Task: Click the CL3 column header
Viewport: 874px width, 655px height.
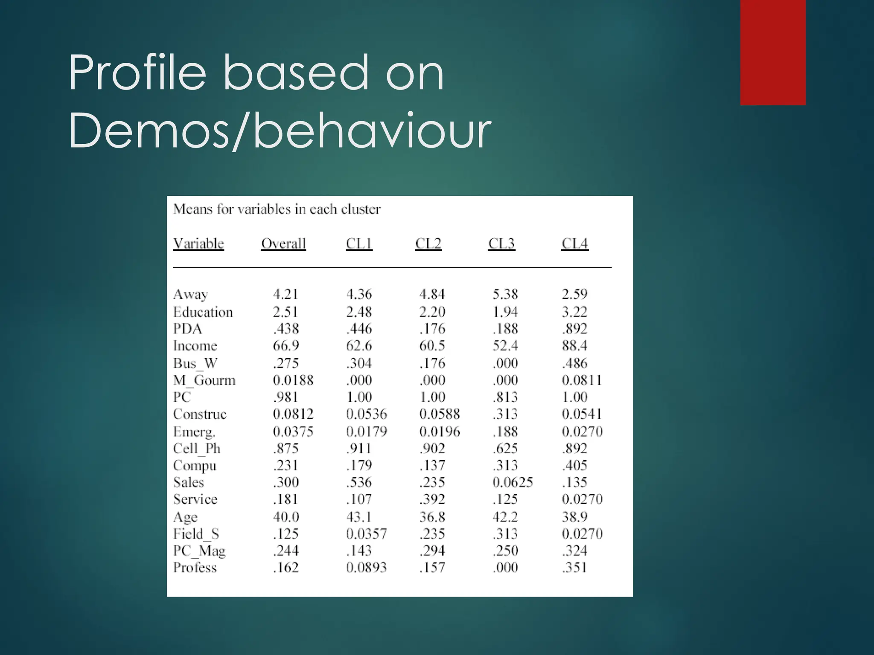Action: pyautogui.click(x=501, y=243)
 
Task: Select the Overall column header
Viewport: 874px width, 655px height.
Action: pyautogui.click(x=283, y=243)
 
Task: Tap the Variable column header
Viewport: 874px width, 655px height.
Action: pyautogui.click(x=198, y=243)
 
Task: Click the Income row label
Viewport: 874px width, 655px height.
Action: pyautogui.click(x=195, y=345)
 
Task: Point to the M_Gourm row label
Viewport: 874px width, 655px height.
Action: pyautogui.click(x=204, y=380)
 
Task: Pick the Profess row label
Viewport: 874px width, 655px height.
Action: pyautogui.click(x=195, y=568)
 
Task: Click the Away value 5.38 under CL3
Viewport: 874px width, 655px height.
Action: pyautogui.click(x=505, y=294)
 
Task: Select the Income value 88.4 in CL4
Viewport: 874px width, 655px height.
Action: pyautogui.click(x=574, y=345)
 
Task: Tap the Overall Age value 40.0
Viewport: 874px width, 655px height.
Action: pyautogui.click(x=286, y=517)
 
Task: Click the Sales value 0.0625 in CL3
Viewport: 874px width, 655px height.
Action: pyautogui.click(x=513, y=482)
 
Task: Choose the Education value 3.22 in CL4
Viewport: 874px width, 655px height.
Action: pyautogui.click(x=574, y=312)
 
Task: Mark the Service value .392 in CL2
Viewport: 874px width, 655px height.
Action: pyautogui.click(x=432, y=499)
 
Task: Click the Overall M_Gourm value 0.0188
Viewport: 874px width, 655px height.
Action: pyautogui.click(x=293, y=380)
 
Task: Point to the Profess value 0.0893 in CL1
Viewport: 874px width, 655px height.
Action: pyautogui.click(x=366, y=568)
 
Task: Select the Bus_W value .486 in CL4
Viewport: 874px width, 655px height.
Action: pyautogui.click(x=574, y=363)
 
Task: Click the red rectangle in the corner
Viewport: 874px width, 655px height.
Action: pyautogui.click(x=773, y=52)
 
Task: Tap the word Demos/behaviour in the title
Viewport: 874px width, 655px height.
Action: pyautogui.click(x=280, y=130)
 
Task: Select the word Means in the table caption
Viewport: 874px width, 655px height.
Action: pyautogui.click(x=192, y=209)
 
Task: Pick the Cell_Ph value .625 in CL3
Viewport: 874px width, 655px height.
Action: pyautogui.click(x=505, y=449)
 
